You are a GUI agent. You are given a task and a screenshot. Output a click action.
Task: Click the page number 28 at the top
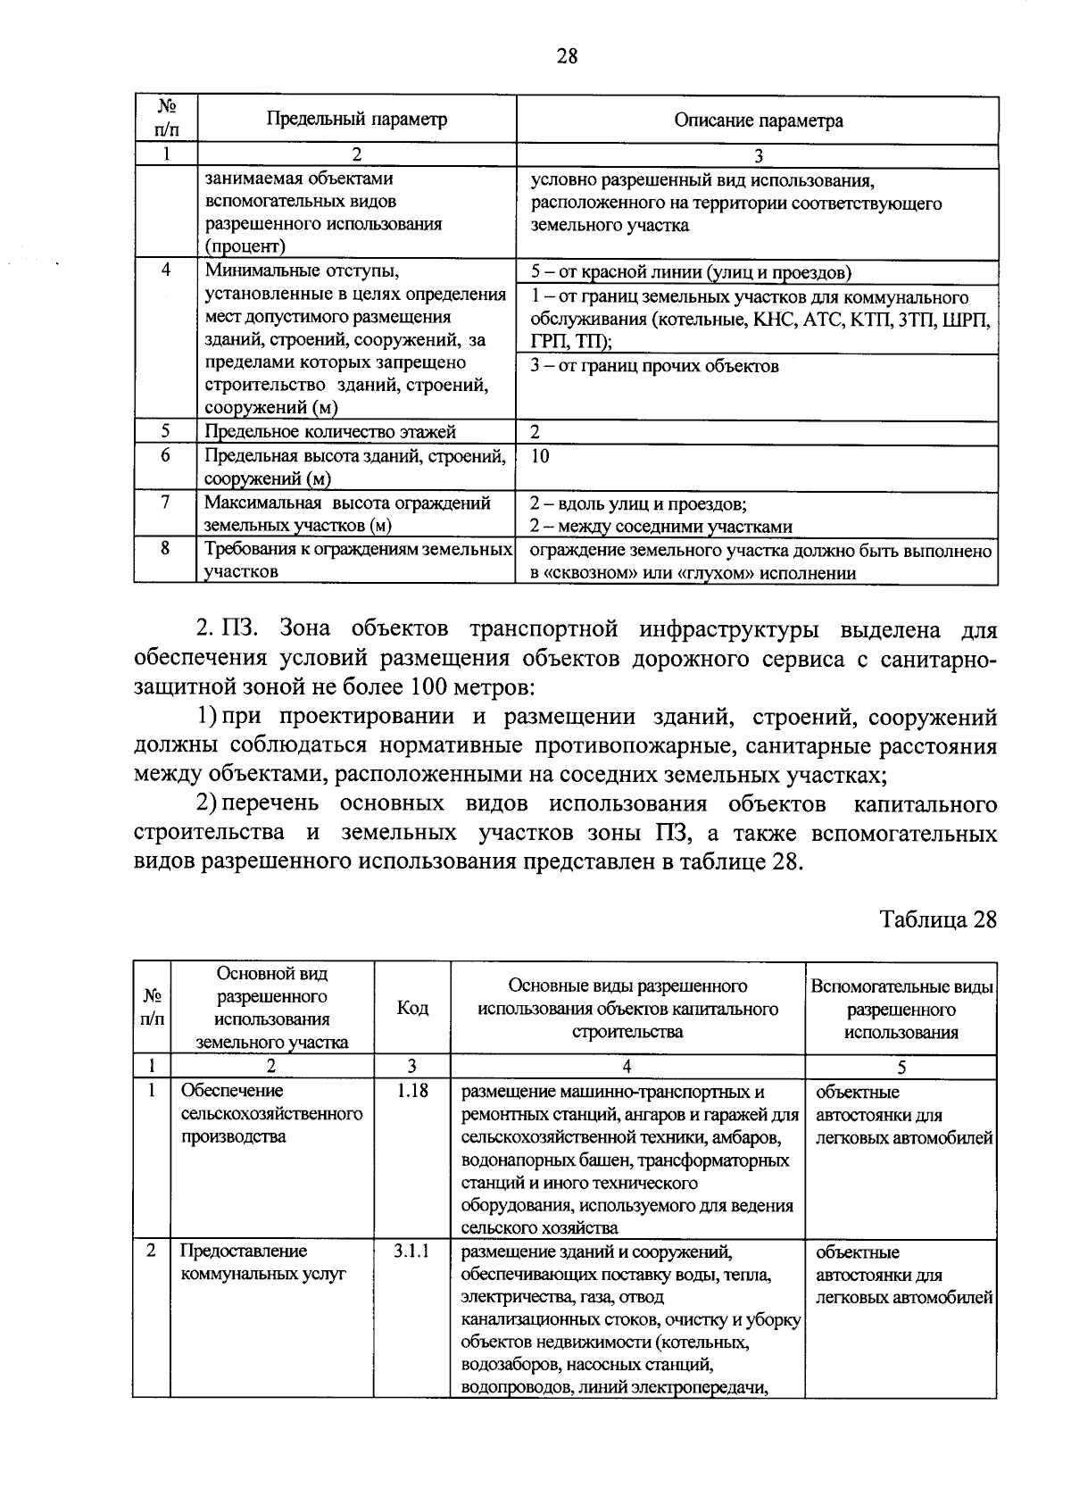[567, 57]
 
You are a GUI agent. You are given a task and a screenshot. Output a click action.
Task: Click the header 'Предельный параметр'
[357, 119]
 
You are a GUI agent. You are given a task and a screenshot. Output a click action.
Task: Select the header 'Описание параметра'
[758, 120]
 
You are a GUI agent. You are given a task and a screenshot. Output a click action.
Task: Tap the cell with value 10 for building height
[540, 456]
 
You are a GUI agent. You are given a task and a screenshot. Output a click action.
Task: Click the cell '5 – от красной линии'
[691, 272]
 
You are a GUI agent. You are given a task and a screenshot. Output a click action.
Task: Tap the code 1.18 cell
[411, 1091]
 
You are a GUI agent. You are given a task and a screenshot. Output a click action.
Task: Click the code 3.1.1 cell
[411, 1251]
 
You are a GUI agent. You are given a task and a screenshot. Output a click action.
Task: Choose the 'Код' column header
[411, 1008]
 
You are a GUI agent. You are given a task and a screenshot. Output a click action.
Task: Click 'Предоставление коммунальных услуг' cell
[262, 1262]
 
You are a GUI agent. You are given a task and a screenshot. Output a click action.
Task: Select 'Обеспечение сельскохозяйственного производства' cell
[271, 1114]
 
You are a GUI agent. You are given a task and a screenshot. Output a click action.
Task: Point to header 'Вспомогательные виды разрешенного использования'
[901, 1009]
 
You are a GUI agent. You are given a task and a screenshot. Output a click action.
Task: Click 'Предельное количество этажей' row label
[330, 432]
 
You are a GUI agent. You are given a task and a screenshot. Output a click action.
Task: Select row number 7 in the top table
[165, 503]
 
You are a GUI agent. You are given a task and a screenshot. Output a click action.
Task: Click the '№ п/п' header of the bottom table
[152, 1008]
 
